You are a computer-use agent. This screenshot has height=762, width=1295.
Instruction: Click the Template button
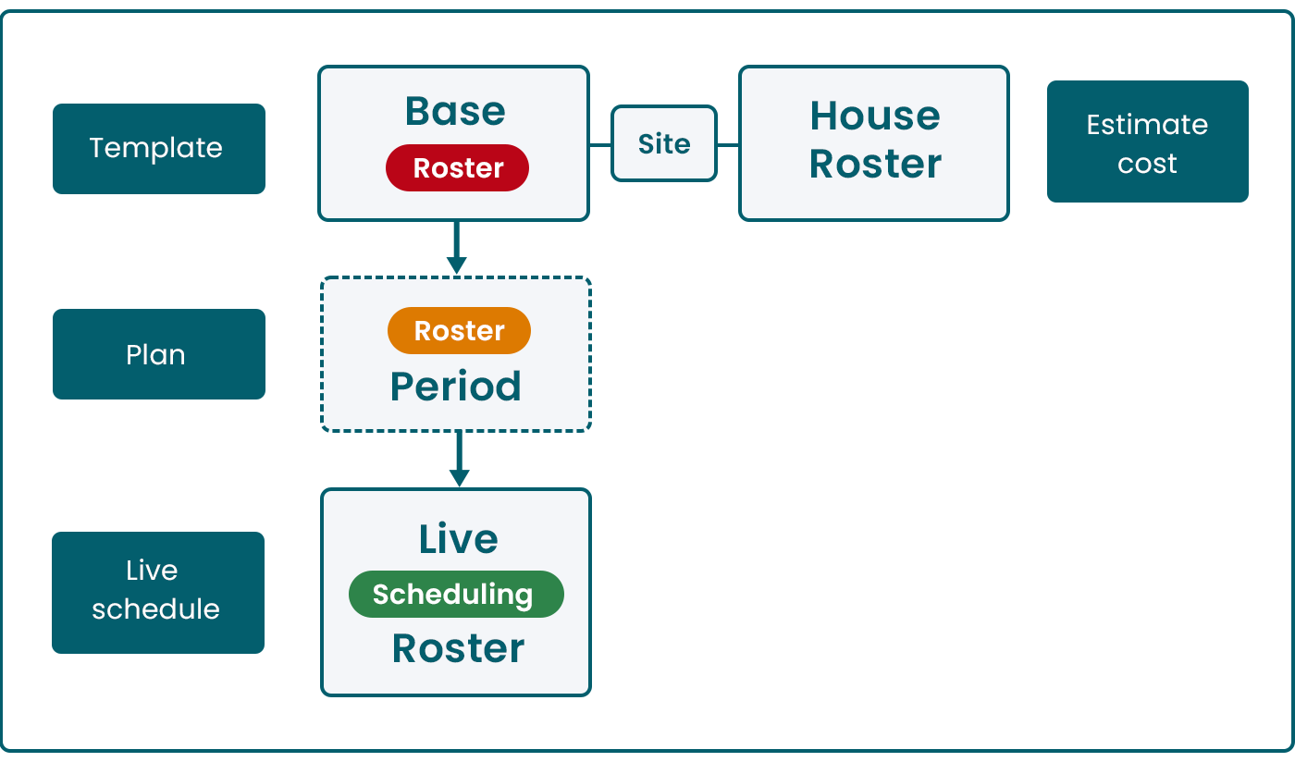coord(158,148)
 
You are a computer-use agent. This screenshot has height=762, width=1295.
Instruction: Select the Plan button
coord(158,354)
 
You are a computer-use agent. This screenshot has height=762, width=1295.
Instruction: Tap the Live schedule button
coord(157,592)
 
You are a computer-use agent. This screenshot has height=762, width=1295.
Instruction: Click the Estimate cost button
coord(1147,141)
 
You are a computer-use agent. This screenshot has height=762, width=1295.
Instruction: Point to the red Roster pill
coord(457,168)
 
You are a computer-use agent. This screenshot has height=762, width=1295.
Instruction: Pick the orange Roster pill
coord(459,331)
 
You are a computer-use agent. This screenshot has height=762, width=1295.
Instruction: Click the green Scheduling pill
coord(455,595)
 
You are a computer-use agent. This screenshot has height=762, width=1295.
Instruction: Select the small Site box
coord(664,143)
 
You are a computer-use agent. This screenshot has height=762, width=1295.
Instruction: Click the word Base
coord(455,111)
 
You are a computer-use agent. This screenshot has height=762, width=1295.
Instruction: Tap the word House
coord(874,116)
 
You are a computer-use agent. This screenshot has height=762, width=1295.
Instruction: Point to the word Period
coord(455,386)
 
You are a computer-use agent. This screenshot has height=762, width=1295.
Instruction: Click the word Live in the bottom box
coord(458,538)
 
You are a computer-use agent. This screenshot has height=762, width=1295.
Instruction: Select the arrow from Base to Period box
coord(455,248)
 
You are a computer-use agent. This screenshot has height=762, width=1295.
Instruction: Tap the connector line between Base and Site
coord(600,145)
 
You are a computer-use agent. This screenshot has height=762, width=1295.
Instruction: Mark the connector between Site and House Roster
coord(728,145)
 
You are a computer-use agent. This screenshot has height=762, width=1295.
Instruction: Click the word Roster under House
coord(874,164)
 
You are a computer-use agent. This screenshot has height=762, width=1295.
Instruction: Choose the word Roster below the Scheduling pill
coord(458,648)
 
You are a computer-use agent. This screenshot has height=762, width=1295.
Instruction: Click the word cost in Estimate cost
coord(1147,164)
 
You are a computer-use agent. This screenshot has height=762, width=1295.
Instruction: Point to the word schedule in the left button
coord(155,609)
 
